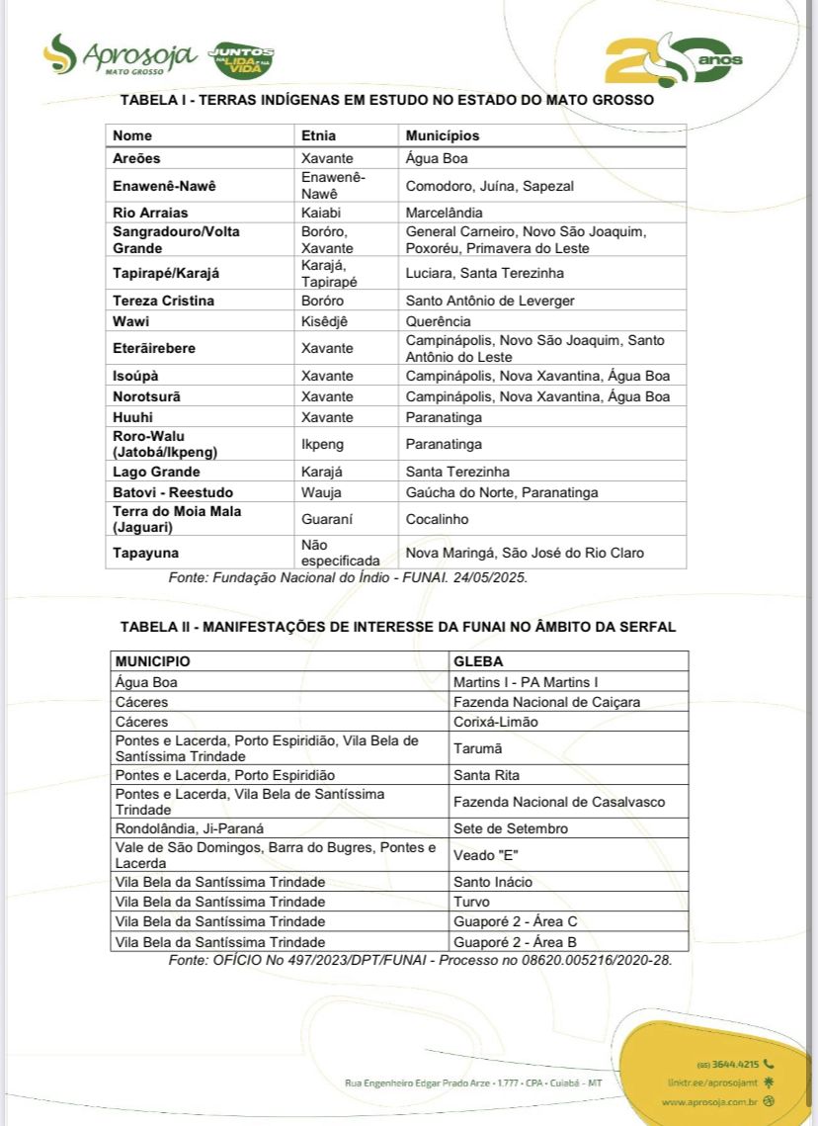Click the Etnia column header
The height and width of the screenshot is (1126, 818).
pos(318,135)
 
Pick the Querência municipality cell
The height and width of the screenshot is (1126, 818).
pos(438,321)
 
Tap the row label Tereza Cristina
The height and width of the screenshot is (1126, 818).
pos(163,301)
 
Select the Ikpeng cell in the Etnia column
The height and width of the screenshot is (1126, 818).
pos(323,444)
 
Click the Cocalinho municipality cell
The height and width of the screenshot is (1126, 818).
pos(437,519)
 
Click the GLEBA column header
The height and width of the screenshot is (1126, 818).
pos(478,660)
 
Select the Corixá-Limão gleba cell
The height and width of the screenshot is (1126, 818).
pos(495,722)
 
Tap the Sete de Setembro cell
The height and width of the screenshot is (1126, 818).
pos(511,828)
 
